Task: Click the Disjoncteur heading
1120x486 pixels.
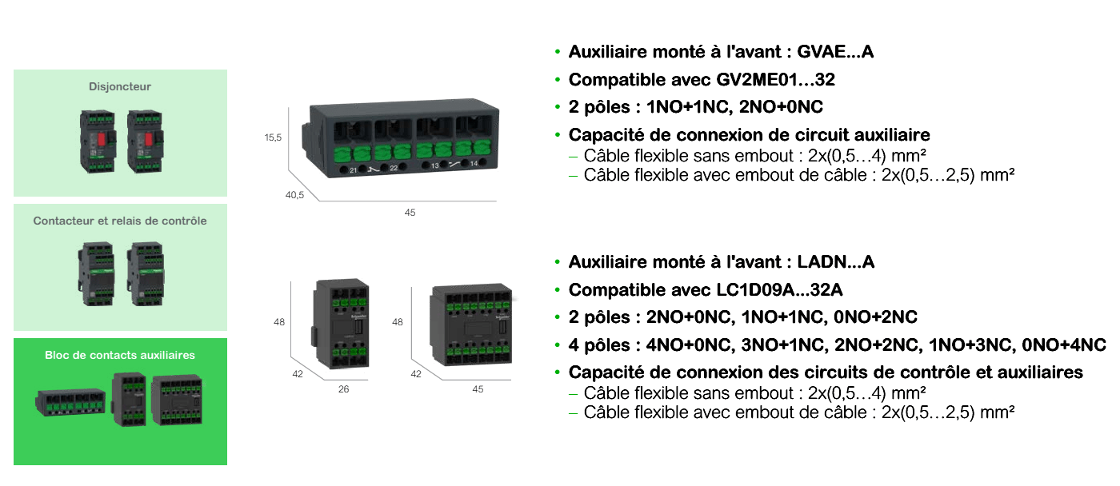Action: pos(120,86)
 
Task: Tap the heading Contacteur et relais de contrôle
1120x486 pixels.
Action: pos(120,221)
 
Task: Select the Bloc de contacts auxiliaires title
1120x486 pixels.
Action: pos(120,354)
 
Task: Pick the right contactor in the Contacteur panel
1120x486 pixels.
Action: pos(146,273)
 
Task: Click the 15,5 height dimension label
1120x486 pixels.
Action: pos(274,137)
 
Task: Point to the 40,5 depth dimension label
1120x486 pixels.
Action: pos(295,195)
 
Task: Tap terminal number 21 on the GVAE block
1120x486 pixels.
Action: pos(353,169)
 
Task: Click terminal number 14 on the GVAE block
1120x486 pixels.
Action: pos(474,164)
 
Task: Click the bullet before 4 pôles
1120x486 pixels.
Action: pos(558,345)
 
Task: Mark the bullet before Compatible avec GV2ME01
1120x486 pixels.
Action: pos(558,80)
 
